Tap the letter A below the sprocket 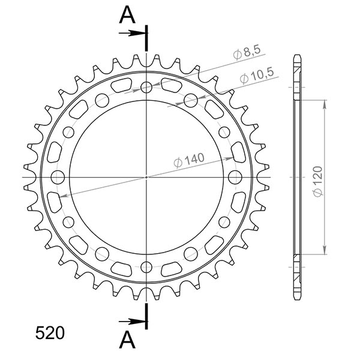click(x=127, y=340)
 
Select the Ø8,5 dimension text click(x=247, y=54)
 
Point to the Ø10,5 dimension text click(x=256, y=76)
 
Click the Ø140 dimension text click(x=189, y=160)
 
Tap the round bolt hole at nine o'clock click(x=58, y=178)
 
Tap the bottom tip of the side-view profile click(x=296, y=298)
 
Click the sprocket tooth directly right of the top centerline click(x=158, y=59)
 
